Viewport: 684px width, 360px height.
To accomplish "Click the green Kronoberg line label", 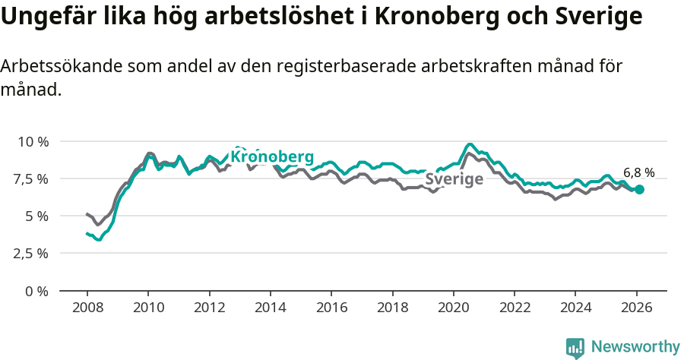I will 271,156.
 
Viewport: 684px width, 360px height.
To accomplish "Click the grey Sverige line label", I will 454,179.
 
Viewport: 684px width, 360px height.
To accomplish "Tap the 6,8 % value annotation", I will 638,172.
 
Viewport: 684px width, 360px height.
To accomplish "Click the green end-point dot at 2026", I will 639,189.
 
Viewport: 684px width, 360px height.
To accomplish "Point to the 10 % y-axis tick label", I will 33,141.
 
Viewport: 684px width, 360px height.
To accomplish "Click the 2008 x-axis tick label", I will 87,308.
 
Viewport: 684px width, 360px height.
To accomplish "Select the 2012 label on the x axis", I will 209,308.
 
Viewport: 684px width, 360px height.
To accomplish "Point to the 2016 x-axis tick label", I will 331,308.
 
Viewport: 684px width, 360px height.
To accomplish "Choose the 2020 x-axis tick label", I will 454,308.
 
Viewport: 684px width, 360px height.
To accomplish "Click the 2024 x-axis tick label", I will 575,308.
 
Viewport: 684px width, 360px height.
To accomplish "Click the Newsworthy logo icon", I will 575,347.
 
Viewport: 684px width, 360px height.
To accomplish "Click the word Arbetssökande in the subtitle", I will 60,66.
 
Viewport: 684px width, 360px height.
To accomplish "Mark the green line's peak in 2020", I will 470,144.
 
